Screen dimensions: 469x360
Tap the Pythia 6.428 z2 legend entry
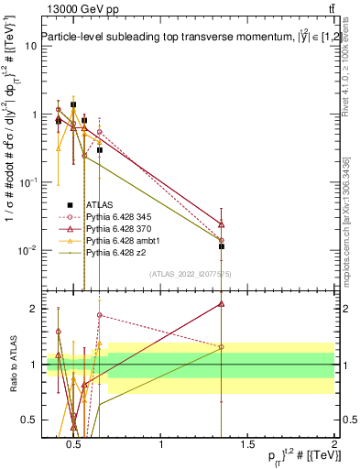click(116, 252)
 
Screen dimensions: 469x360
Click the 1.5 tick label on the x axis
click(247, 446)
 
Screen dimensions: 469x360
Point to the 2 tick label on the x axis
click(333, 446)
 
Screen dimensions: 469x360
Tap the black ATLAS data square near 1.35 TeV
click(222, 245)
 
